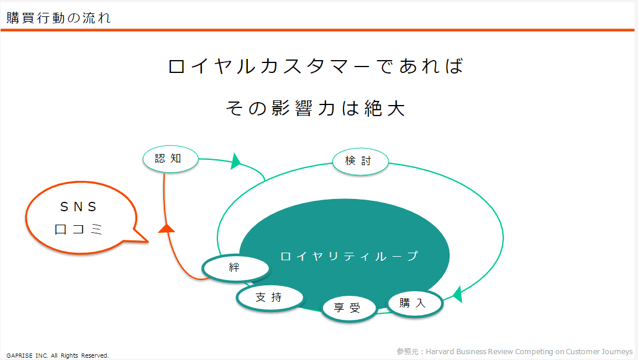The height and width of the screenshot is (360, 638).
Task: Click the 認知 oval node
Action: point(170,159)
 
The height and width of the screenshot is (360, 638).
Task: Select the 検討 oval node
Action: point(360,161)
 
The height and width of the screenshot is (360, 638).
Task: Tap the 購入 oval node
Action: point(414,303)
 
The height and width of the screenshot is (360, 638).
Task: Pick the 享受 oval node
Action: point(349,308)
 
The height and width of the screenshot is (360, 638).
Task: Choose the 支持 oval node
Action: point(270,298)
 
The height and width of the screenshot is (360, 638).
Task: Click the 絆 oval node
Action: point(236,268)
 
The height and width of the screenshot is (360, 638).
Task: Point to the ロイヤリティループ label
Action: point(349,256)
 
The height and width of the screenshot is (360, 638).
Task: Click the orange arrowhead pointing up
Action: point(166,228)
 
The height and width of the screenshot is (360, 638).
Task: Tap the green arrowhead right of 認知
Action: point(236,161)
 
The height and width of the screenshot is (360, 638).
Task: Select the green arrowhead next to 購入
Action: point(458,295)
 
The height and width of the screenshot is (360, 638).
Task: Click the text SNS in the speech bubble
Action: point(78,207)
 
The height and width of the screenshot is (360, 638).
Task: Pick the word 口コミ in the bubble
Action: point(78,229)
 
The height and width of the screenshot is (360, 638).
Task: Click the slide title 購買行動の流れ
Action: point(58,18)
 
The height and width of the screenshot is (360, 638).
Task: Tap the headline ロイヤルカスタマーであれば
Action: point(316,67)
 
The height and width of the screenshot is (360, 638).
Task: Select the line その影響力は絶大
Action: point(316,109)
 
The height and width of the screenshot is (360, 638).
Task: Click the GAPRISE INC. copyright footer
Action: point(57,355)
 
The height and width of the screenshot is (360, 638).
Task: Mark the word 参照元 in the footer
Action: point(407,351)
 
